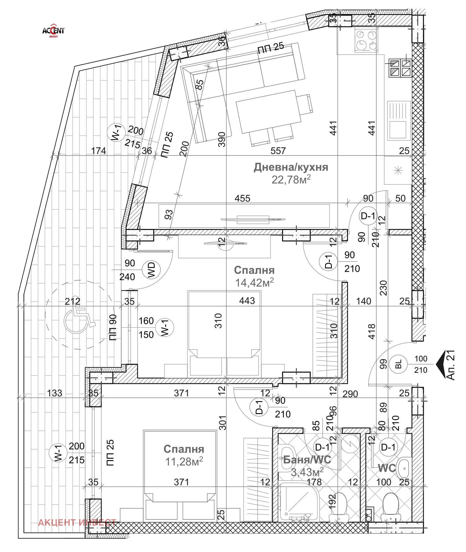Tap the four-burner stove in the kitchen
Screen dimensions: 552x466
(366, 41)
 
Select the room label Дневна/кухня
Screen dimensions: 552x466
(291, 167)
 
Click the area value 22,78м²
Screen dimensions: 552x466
(291, 179)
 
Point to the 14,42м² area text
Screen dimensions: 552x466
(254, 282)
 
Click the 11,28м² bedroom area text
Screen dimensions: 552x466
(184, 462)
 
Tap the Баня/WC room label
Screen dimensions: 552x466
(307, 459)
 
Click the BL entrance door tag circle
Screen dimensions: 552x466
(399, 364)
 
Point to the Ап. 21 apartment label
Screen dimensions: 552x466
(451, 365)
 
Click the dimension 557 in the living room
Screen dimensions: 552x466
(278, 151)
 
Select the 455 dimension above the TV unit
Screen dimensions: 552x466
(243, 199)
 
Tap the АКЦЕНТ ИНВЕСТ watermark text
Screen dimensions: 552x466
(77, 522)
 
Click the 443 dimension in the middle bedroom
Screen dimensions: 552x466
(247, 300)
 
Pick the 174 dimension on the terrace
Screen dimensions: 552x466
(98, 151)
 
